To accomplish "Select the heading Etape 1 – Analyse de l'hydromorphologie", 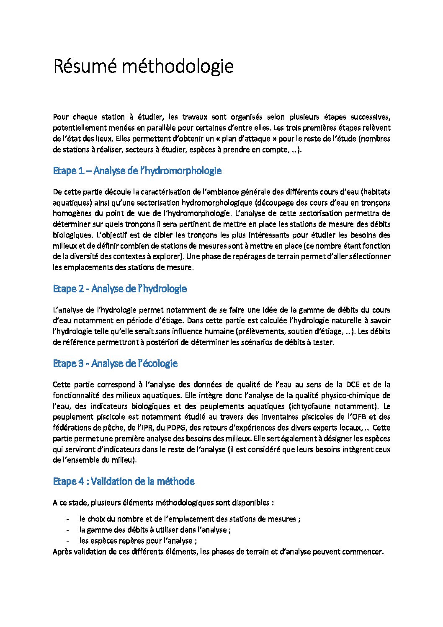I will [x=137, y=171].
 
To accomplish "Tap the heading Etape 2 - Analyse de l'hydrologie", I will [x=120, y=289].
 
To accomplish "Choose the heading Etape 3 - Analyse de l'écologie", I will [x=115, y=364].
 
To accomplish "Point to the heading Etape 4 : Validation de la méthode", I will [x=124, y=482].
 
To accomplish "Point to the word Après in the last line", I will [x=62, y=552].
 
